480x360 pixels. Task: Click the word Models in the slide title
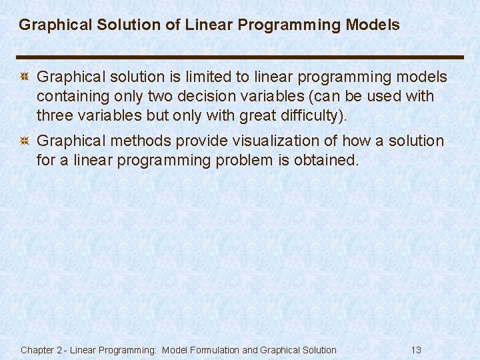point(373,25)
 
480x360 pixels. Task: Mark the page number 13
point(416,350)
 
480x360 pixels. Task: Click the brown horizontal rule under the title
point(240,57)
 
